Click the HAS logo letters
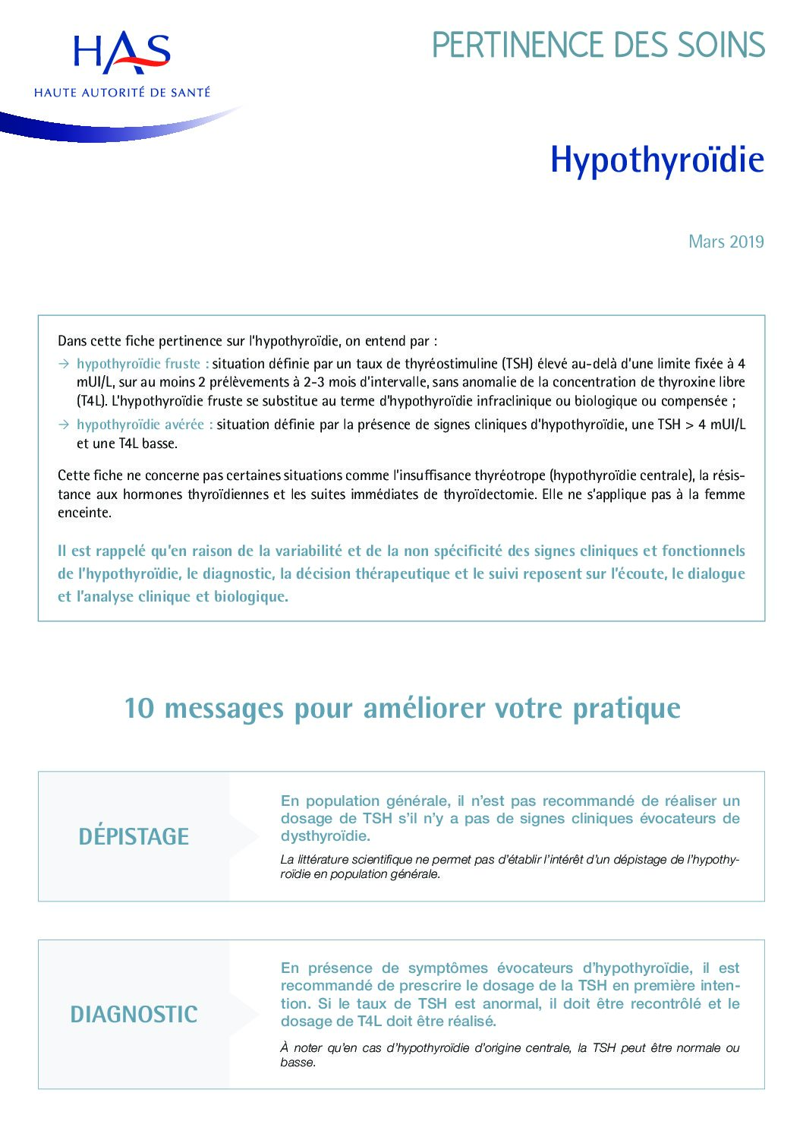click(x=121, y=52)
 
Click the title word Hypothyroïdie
click(x=657, y=159)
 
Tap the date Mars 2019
click(x=726, y=242)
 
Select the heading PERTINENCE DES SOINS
click(x=598, y=46)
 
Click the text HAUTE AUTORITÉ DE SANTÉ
click(x=122, y=93)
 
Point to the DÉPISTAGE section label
click(x=134, y=836)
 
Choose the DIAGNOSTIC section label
click(x=134, y=1014)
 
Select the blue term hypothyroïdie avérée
click(x=141, y=425)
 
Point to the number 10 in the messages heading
click(x=139, y=708)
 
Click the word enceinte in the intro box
click(x=83, y=513)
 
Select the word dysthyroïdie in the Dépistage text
click(x=324, y=836)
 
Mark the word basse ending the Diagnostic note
click(x=297, y=1062)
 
